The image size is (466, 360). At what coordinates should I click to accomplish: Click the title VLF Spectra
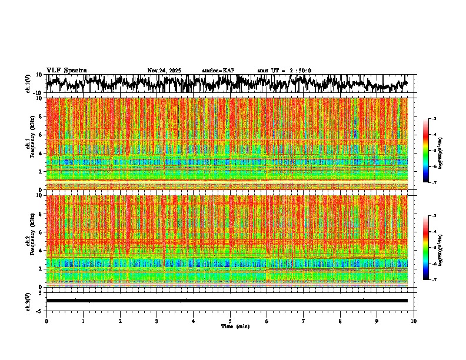pos(66,70)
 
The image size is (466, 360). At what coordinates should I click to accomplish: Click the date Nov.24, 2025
pos(164,71)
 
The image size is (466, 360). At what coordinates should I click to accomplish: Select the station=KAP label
pos(218,71)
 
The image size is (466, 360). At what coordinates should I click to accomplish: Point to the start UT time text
pos(284,71)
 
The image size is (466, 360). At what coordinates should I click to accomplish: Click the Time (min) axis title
pos(235,326)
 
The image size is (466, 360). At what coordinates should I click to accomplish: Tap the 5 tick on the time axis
pos(230,321)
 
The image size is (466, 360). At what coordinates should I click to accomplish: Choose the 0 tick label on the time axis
pos(46,321)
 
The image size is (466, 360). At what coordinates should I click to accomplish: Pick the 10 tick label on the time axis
pos(414,321)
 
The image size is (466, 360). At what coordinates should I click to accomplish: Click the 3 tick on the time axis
pos(157,321)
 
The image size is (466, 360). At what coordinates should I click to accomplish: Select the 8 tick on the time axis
pos(340,321)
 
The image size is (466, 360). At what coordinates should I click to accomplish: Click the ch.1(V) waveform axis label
pos(28,84)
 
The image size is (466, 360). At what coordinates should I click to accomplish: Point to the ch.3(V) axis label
pos(28,301)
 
